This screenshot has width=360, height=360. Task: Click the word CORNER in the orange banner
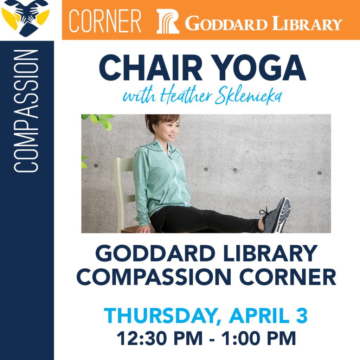tap(105, 21)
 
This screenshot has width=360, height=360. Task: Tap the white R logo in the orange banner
tap(168, 21)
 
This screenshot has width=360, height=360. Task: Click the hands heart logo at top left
tap(25, 18)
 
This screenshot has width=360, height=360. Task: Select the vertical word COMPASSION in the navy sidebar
tap(26, 111)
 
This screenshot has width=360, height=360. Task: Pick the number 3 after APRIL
tap(301, 315)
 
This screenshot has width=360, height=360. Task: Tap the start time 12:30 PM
tap(160, 338)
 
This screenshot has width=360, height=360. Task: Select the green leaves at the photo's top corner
tap(98, 121)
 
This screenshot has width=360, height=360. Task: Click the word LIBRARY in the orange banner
tap(307, 23)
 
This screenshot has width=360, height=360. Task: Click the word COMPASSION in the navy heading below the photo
tap(154, 276)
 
